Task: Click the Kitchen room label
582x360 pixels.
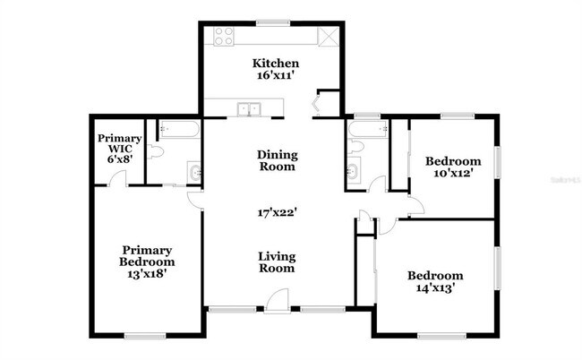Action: [x=275, y=64]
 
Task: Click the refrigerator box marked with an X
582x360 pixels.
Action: [x=328, y=37]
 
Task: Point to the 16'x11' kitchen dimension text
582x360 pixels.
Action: [x=275, y=78]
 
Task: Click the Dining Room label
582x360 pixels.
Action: [x=277, y=159]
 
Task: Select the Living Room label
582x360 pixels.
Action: [x=277, y=262]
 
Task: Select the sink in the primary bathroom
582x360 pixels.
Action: [x=194, y=172]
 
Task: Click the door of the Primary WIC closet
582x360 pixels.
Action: [x=114, y=179]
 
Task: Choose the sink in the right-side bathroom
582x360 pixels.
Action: [x=353, y=170]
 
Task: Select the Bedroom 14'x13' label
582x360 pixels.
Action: [x=435, y=281]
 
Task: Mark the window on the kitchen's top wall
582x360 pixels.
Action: [x=269, y=23]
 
